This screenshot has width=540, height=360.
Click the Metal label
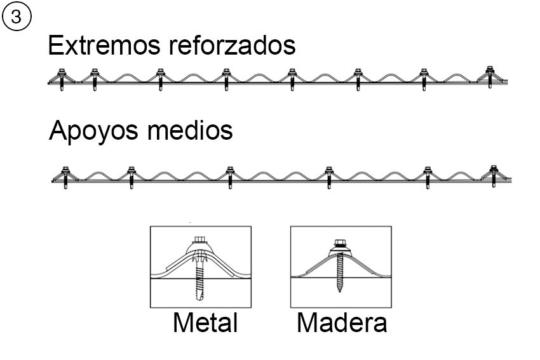[205, 323]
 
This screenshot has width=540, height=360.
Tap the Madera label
[342, 323]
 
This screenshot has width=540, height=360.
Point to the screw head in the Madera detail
[340, 244]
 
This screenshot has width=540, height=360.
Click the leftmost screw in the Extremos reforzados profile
[63, 77]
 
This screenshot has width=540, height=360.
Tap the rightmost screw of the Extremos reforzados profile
[489, 75]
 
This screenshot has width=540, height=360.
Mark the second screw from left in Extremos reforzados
[95, 77]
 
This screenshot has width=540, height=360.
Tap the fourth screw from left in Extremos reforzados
[226, 77]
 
